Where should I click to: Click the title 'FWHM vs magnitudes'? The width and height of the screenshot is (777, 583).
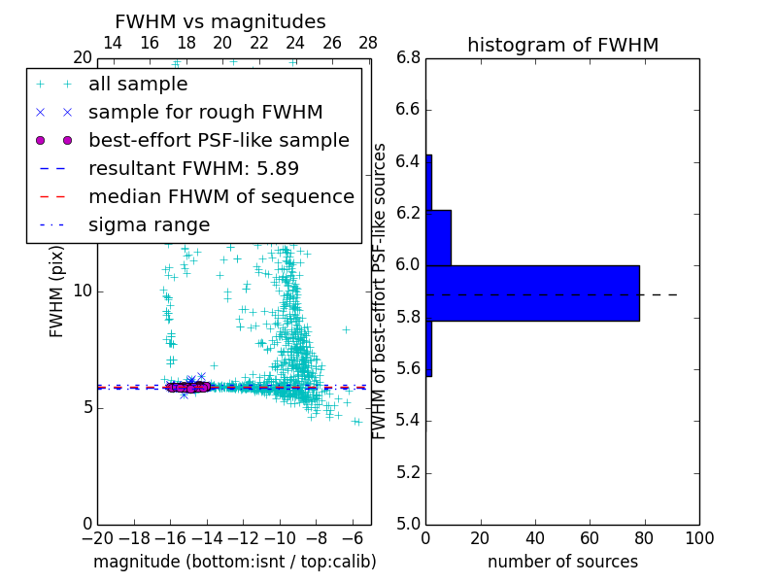[x=220, y=21]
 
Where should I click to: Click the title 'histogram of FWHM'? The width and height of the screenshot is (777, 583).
[x=562, y=45]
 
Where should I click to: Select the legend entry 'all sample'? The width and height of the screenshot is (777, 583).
[x=138, y=85]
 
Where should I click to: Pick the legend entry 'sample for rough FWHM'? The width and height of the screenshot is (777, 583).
[x=205, y=113]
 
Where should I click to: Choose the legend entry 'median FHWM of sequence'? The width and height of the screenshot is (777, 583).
[x=220, y=197]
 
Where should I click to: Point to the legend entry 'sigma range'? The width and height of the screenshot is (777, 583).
[x=149, y=225]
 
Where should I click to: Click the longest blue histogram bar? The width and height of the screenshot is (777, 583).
[x=532, y=292]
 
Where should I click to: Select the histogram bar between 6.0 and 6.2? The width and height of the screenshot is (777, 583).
[x=438, y=237]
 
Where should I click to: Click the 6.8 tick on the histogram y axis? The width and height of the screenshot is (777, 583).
[x=408, y=58]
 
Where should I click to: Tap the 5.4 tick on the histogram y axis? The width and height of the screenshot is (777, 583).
[x=408, y=421]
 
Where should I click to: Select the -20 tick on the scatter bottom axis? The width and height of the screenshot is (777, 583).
[x=97, y=537]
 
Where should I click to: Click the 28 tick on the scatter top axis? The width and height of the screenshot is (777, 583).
[x=368, y=43]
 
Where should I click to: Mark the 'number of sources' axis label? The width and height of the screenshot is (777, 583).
[x=562, y=562]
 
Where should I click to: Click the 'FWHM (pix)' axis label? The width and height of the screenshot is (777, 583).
[x=57, y=291]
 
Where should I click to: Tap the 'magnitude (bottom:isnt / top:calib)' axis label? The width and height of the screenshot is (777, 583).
[x=234, y=562]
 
